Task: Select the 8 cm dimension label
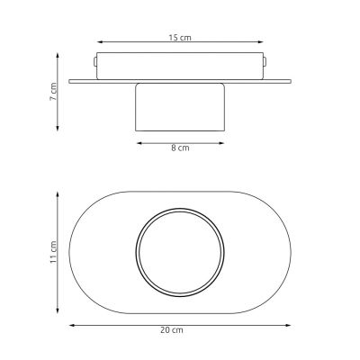[181, 148]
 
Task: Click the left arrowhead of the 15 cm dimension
[99, 41]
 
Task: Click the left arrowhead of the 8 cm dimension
[137, 140]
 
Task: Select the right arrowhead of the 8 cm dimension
[224, 140]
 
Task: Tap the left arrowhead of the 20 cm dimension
[71, 324]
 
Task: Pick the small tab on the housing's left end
[94, 63]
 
